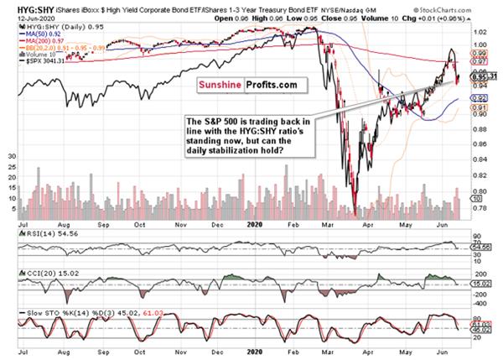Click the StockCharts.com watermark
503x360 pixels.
pos(471,14)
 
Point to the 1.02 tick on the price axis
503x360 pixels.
pos(480,44)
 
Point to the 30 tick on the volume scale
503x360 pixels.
pos(11,156)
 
